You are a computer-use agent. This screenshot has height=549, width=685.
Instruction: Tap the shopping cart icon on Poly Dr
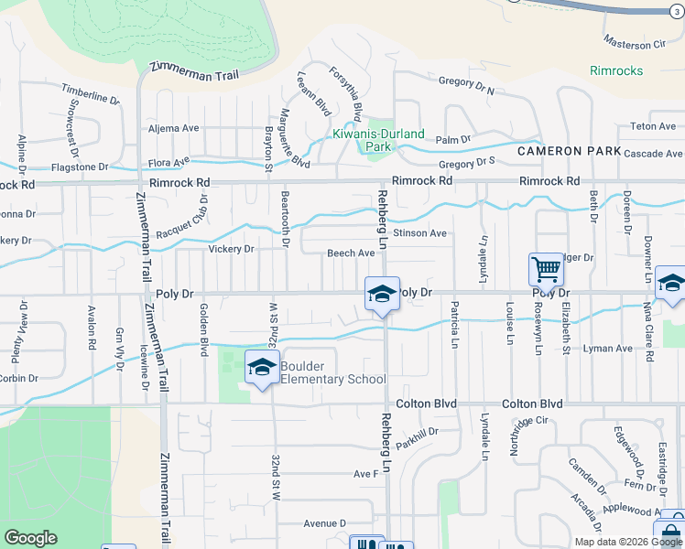click(546, 270)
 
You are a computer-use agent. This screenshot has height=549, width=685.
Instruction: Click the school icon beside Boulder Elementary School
click(262, 368)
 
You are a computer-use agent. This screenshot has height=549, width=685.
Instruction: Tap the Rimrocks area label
click(616, 70)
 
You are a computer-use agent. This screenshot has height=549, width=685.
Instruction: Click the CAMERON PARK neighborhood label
click(569, 151)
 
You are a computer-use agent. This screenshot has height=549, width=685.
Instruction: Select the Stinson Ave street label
click(419, 233)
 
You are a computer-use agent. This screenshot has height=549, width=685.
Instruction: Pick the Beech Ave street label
click(351, 253)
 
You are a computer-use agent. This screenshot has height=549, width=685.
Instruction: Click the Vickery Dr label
click(231, 249)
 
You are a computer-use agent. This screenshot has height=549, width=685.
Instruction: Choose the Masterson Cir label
click(634, 43)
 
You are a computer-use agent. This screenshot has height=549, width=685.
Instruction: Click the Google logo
click(30, 538)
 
